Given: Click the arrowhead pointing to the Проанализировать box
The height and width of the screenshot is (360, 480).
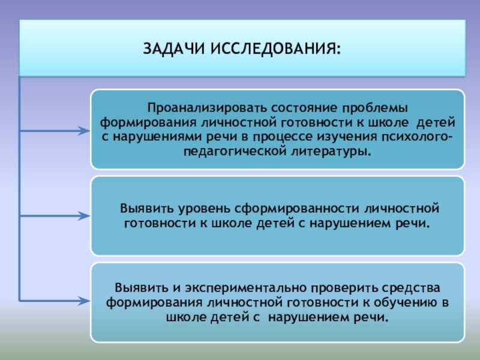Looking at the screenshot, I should click(x=83, y=130).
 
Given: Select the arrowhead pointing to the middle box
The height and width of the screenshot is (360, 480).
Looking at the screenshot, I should click(x=83, y=214).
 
